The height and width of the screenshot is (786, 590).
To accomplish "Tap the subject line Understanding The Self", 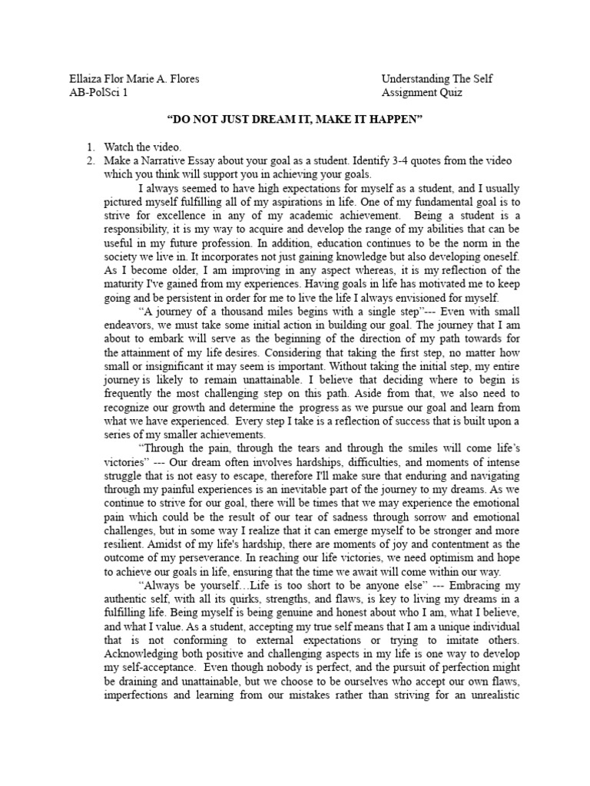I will [x=437, y=79].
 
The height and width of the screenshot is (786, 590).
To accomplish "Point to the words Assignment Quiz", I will [x=422, y=93].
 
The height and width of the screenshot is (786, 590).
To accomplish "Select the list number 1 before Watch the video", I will [x=89, y=146].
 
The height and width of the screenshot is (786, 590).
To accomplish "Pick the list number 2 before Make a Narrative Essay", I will [x=89, y=160].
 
